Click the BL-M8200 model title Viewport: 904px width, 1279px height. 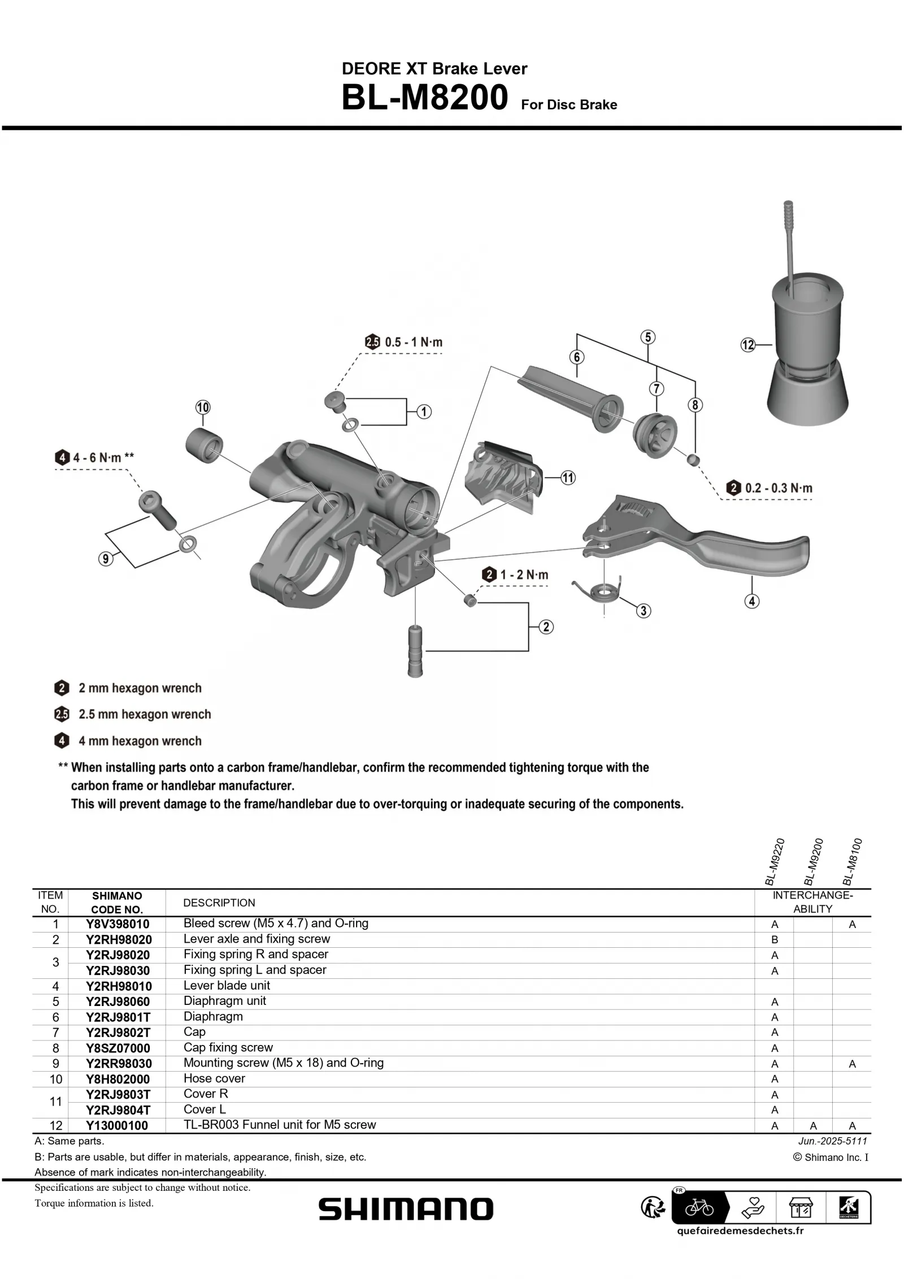click(424, 98)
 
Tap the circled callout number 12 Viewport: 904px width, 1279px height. click(747, 345)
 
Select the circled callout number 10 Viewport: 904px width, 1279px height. click(202, 407)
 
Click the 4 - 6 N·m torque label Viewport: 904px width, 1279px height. click(103, 457)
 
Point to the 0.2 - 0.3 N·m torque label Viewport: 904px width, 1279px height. click(778, 488)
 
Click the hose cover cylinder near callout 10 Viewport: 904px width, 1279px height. click(203, 446)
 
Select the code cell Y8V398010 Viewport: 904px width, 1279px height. click(118, 924)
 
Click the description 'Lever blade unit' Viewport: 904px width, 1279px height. click(227, 985)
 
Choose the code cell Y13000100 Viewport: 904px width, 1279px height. click(118, 1125)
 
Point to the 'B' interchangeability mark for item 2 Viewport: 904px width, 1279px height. click(774, 939)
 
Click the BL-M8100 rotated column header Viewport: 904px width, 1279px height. click(852, 862)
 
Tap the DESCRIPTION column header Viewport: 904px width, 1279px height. click(219, 903)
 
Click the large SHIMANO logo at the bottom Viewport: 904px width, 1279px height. click(406, 1209)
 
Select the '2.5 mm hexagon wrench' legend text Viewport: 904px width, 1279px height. click(145, 714)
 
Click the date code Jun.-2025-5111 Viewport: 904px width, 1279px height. click(832, 1141)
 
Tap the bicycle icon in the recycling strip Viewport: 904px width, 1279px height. click(699, 1209)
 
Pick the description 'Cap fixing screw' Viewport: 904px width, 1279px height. click(228, 1047)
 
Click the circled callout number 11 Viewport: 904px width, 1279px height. click(568, 478)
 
